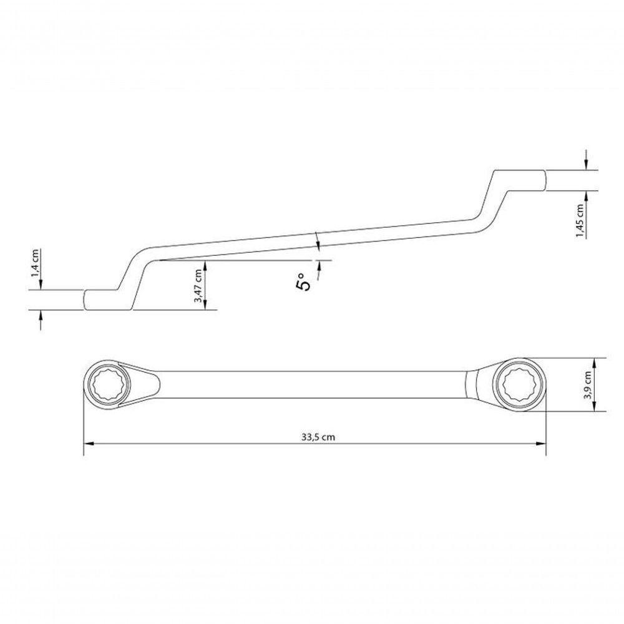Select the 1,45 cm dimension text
point(581,220)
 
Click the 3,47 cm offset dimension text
point(198,286)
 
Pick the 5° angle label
point(303,281)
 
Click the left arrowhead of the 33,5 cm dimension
point(88,444)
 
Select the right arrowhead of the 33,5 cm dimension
point(541,444)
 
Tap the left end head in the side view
point(103,300)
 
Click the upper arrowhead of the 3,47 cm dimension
point(207,265)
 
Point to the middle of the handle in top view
point(312,384)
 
